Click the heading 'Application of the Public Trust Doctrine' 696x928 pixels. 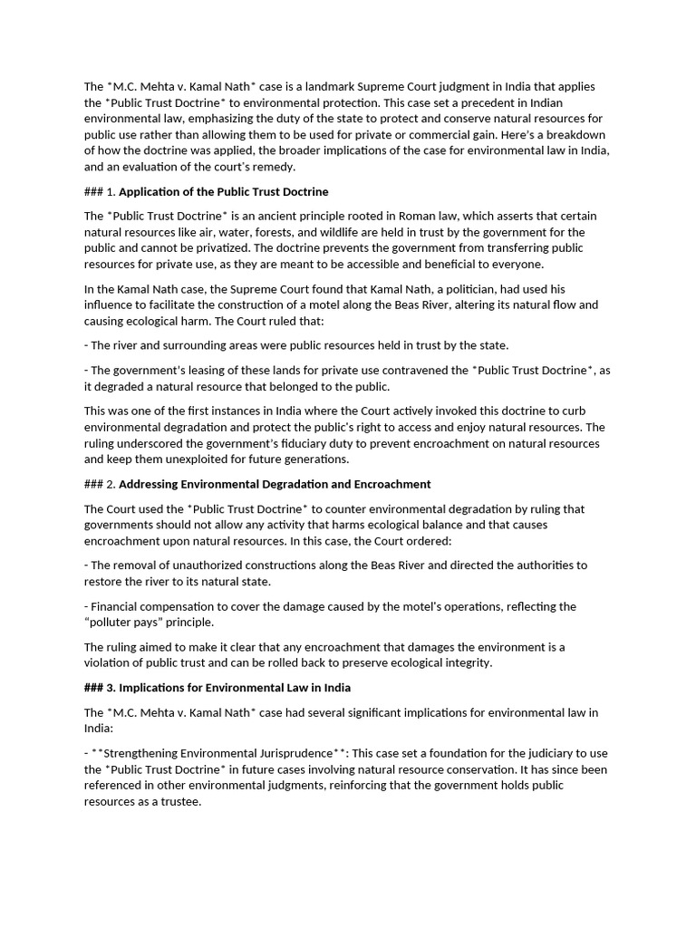(224, 191)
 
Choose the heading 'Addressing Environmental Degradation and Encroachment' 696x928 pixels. (275, 484)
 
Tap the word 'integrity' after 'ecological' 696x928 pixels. (464, 662)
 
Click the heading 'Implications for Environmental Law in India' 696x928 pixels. (235, 687)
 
